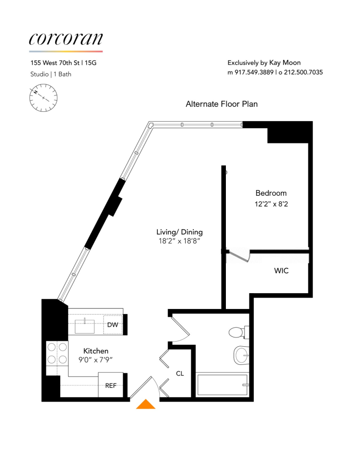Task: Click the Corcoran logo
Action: tap(66, 40)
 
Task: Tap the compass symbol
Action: tap(44, 97)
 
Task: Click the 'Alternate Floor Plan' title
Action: tap(222, 104)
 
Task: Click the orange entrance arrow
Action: tap(146, 404)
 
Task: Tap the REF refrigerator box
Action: tap(111, 385)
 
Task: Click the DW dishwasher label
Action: tap(113, 325)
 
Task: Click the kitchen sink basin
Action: tap(85, 325)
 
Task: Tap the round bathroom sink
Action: tap(241, 356)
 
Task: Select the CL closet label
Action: tap(180, 373)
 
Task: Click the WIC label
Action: tap(281, 270)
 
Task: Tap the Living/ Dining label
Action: tap(180, 232)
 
